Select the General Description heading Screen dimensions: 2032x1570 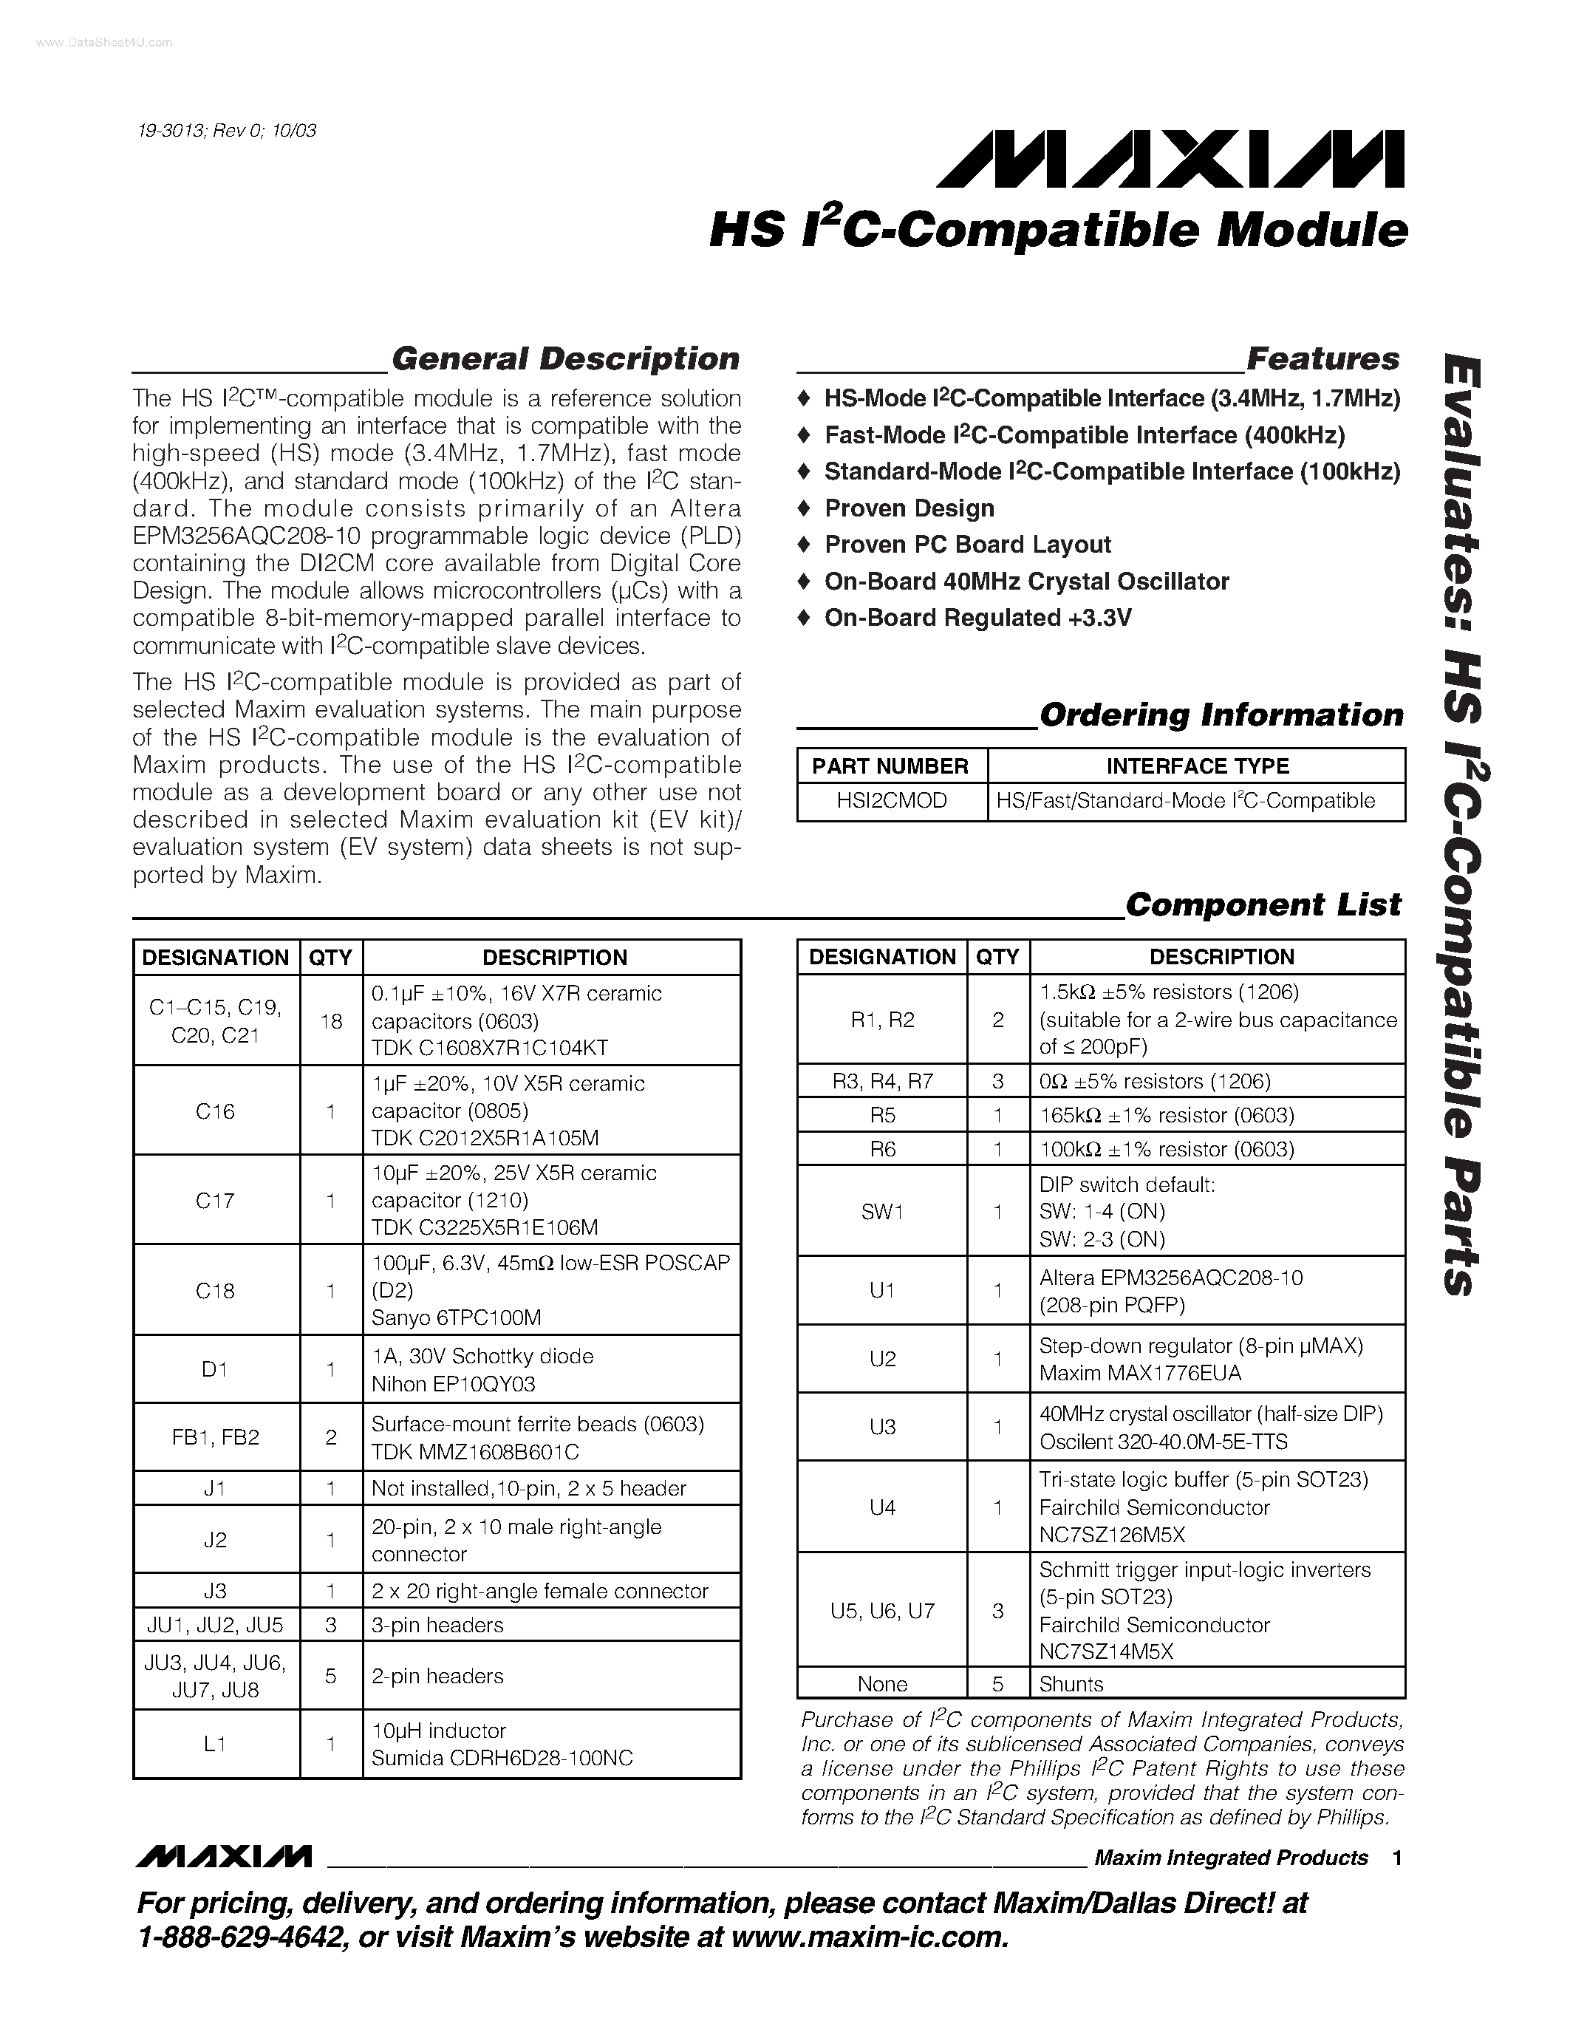point(564,359)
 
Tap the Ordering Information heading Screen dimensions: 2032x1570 point(1221,715)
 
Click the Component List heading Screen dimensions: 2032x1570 point(1262,904)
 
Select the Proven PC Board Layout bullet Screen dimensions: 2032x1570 point(967,545)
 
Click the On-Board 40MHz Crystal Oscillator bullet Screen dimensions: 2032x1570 point(1026,582)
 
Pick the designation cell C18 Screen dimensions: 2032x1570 point(215,1290)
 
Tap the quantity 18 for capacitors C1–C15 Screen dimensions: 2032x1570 point(331,1020)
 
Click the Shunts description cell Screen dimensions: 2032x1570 point(1071,1684)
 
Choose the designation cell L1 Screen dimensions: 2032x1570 point(215,1745)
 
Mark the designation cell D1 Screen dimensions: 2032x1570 point(215,1369)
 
